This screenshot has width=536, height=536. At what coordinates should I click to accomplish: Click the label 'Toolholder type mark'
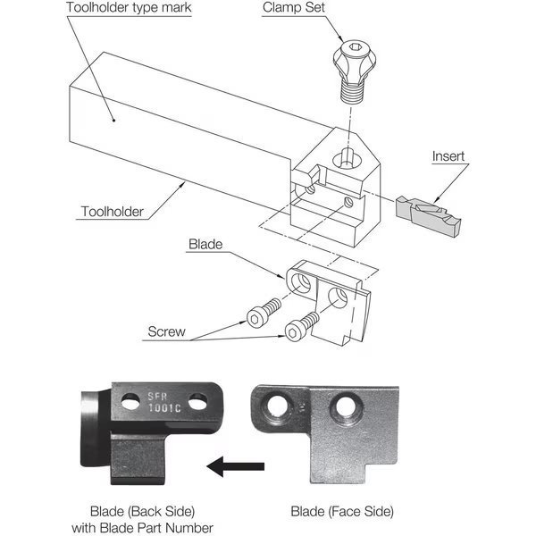pyautogui.click(x=129, y=7)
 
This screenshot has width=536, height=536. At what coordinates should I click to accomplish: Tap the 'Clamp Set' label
pyautogui.click(x=294, y=7)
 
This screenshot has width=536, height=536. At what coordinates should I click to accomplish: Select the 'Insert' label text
pyautogui.click(x=448, y=156)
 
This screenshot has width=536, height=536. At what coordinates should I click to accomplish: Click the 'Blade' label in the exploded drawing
pyautogui.click(x=205, y=244)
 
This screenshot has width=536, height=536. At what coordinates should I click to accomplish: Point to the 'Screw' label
pyautogui.click(x=166, y=331)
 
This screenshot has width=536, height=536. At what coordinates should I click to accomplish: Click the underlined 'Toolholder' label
pyautogui.click(x=113, y=212)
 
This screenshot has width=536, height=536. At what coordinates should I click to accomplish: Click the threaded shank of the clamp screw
pyautogui.click(x=352, y=92)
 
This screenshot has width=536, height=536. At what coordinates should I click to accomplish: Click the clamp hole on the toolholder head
pyautogui.click(x=348, y=159)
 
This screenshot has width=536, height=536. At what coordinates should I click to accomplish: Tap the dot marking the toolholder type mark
pyautogui.click(x=113, y=120)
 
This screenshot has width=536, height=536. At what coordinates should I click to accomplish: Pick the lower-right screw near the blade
pyautogui.click(x=302, y=327)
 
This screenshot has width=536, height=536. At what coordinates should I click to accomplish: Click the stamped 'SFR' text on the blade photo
pyautogui.click(x=157, y=396)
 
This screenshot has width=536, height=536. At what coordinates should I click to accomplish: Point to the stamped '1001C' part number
pyautogui.click(x=164, y=407)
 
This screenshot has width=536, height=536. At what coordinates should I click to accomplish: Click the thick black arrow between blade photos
pyautogui.click(x=236, y=466)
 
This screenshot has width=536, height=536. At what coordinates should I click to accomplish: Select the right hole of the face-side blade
pyautogui.click(x=347, y=406)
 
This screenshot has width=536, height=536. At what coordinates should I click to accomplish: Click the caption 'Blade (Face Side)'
pyautogui.click(x=342, y=511)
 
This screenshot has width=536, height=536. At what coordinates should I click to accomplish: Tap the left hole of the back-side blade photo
pyautogui.click(x=130, y=402)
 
